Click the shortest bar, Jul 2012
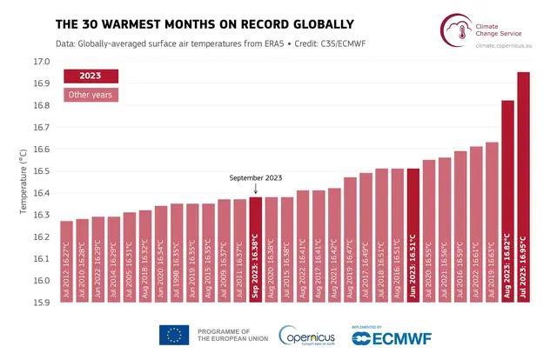coord(66,262)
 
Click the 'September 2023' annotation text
coord(256,177)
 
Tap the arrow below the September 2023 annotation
coord(256,189)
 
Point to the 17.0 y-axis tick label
coord(41,62)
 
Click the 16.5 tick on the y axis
coord(41,171)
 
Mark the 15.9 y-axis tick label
coord(41,303)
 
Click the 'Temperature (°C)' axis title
coord(22,182)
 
